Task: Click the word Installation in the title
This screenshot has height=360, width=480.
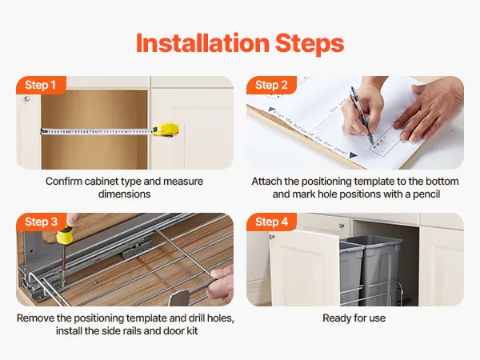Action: (202, 42)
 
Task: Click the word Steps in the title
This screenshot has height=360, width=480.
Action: (310, 43)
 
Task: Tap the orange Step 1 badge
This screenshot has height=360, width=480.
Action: (41, 85)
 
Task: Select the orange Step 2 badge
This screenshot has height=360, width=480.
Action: (271, 85)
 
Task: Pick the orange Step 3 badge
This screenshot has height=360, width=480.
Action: (42, 222)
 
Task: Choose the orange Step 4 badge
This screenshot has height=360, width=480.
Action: (272, 222)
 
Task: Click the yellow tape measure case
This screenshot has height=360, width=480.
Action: (166, 130)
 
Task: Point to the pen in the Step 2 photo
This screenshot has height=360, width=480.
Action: (362, 114)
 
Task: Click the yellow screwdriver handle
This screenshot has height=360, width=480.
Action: (65, 234)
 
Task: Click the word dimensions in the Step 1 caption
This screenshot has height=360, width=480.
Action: (125, 194)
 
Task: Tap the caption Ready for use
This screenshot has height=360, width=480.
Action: (354, 318)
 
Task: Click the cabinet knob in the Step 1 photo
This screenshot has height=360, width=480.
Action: (27, 98)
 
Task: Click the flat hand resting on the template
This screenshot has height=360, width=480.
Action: (429, 110)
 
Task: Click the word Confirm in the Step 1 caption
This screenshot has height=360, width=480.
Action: (64, 182)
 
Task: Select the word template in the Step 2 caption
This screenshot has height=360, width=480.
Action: (374, 182)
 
